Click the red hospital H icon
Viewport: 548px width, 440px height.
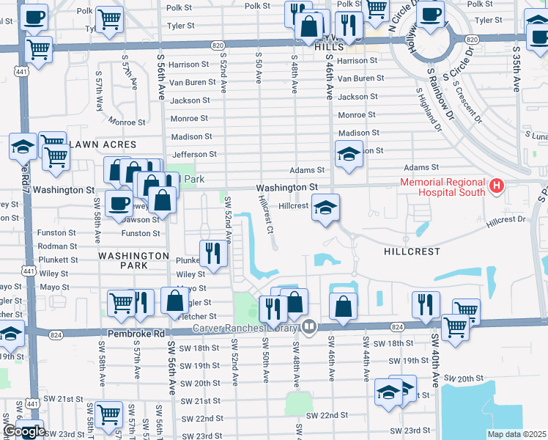click(x=497, y=186)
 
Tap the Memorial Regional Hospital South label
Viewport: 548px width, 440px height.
click(x=442, y=187)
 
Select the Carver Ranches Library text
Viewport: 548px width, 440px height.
click(x=245, y=328)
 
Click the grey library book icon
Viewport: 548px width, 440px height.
click(x=308, y=327)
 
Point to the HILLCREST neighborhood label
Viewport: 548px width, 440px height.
click(x=412, y=251)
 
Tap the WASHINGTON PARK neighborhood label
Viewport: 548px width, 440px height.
click(x=133, y=255)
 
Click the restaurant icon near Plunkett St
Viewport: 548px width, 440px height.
click(x=211, y=253)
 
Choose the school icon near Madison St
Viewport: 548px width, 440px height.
click(x=349, y=154)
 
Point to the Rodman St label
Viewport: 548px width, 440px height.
click(x=57, y=246)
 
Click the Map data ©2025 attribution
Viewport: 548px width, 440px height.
click(x=516, y=434)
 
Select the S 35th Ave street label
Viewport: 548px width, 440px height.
click(x=516, y=70)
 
